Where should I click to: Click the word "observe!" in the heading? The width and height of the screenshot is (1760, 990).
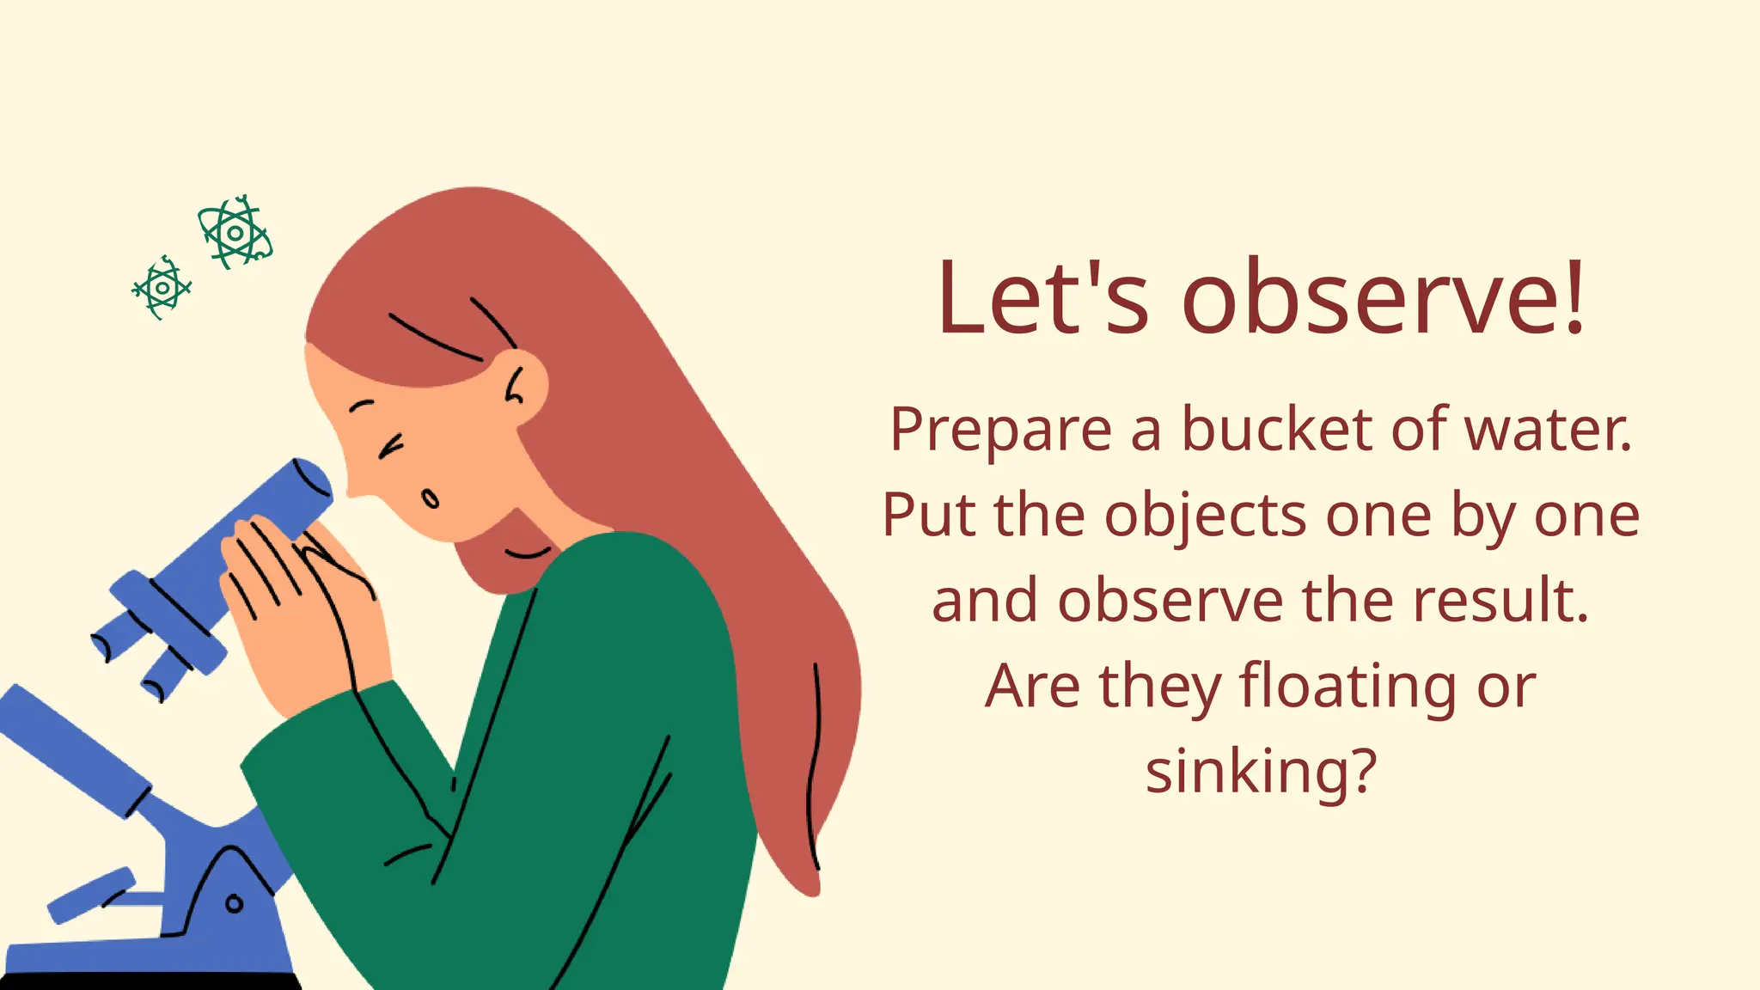pos(1383,297)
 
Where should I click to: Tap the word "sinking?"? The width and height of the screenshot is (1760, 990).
pos(1261,771)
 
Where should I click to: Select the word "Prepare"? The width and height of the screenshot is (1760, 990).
pos(1000,430)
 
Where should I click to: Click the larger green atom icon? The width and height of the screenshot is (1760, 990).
pos(235,232)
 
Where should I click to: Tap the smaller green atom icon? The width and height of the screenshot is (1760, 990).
pos(162,288)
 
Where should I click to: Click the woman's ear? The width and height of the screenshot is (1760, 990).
pos(522,386)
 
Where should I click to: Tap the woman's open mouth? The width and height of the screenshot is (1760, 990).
pos(430,498)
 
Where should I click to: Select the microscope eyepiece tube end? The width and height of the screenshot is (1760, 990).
pos(314,481)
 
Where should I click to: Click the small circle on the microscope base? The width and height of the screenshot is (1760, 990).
pos(234,903)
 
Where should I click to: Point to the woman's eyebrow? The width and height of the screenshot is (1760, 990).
pos(362,404)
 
